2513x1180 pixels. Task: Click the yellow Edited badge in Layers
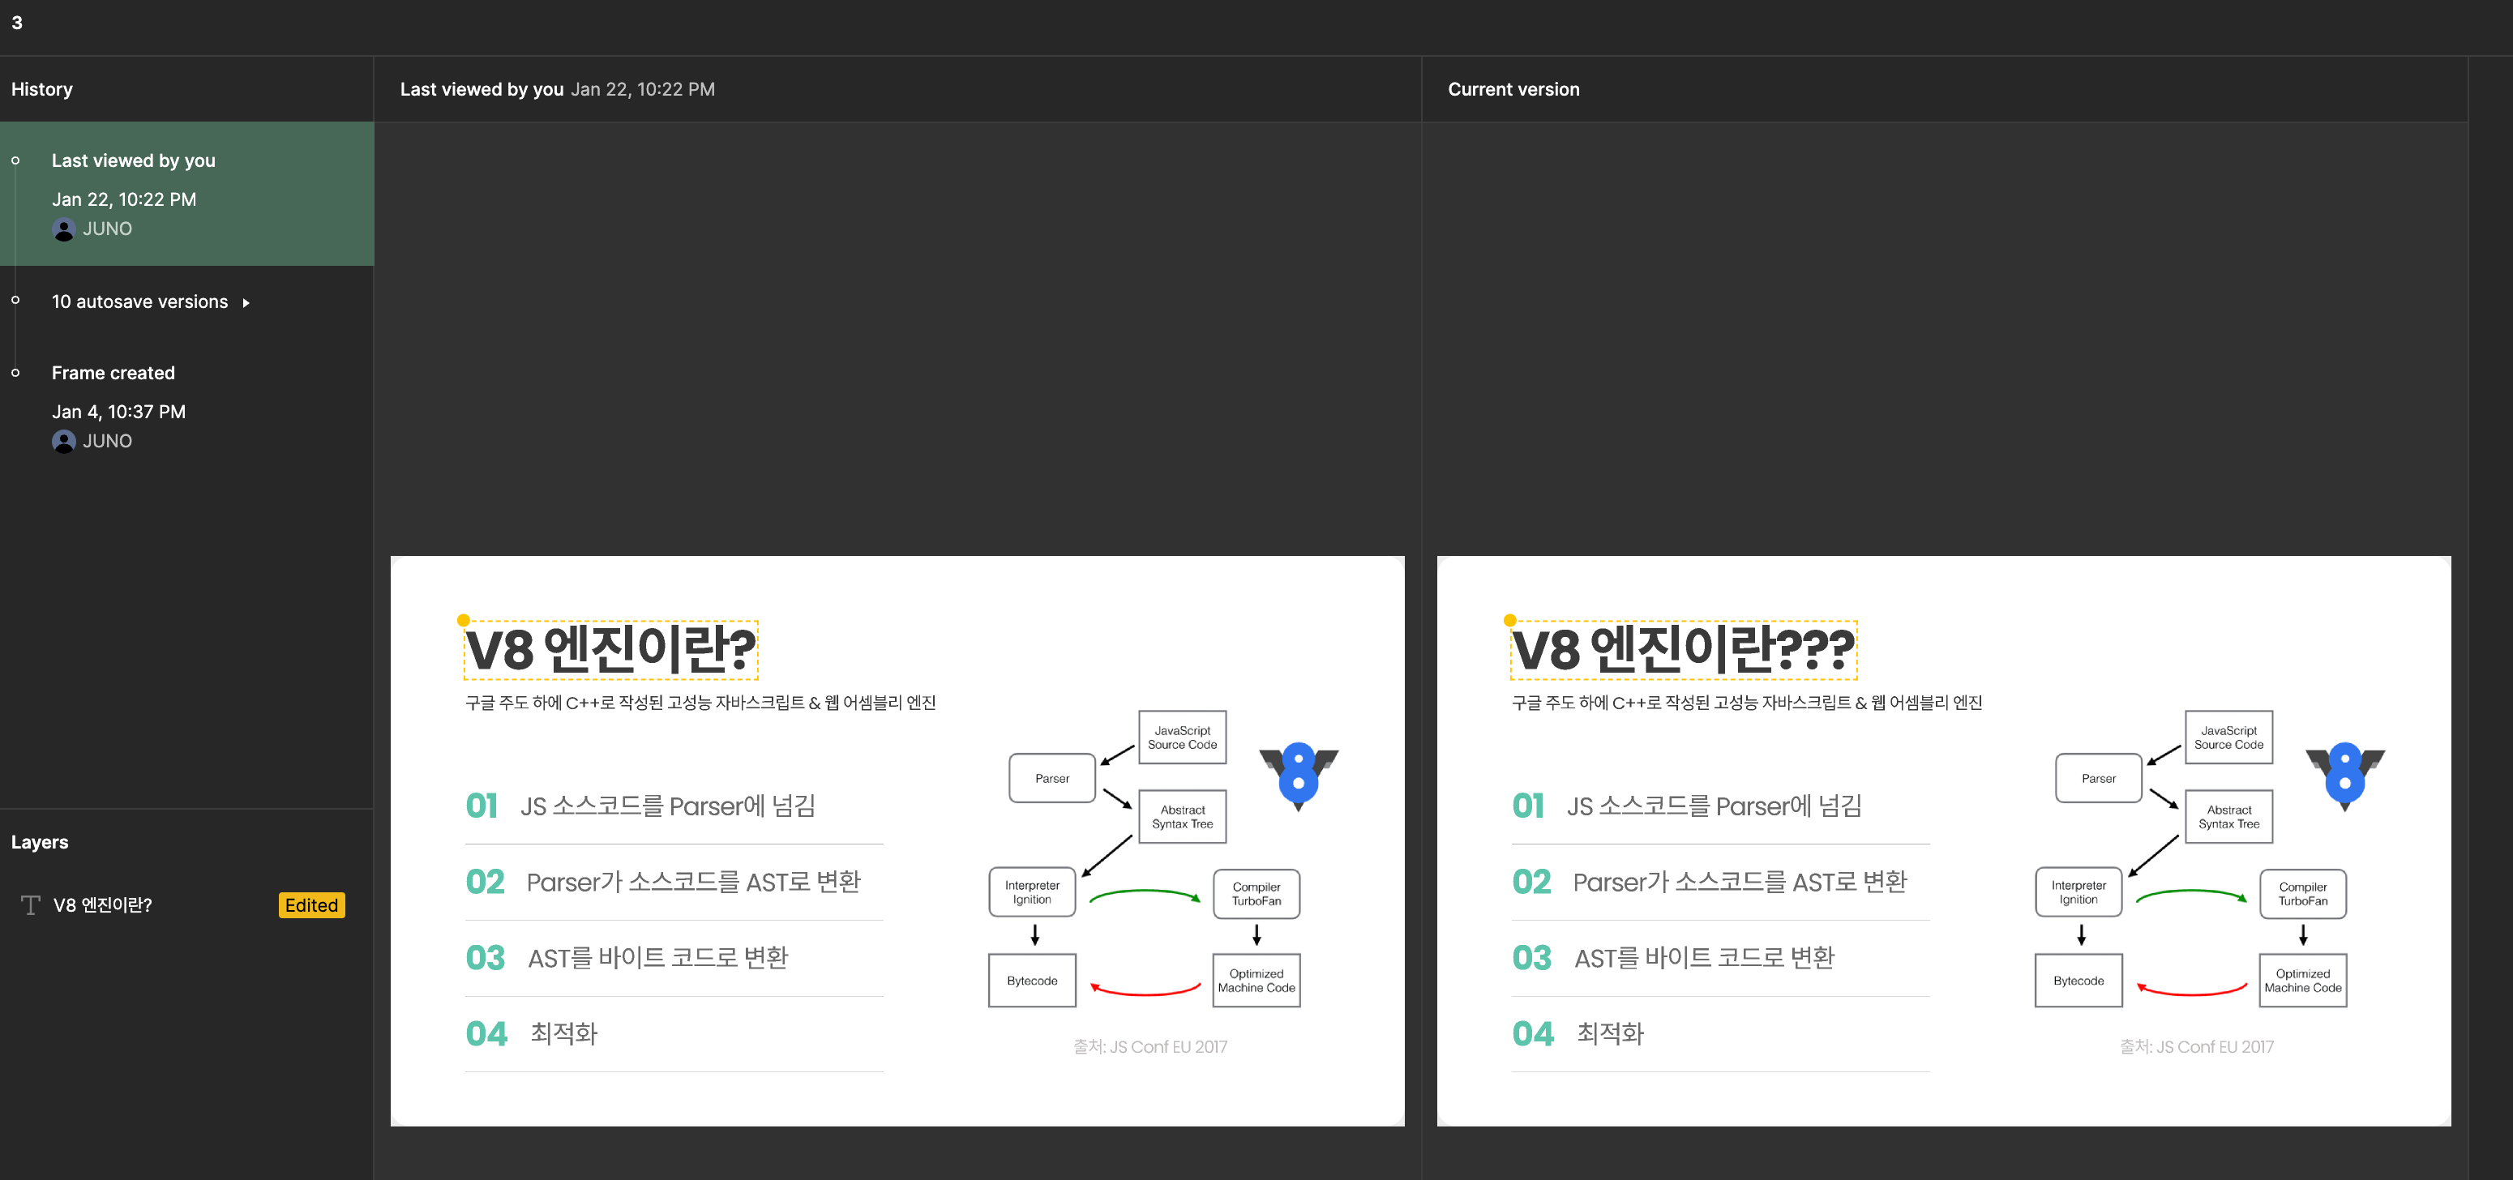click(x=311, y=905)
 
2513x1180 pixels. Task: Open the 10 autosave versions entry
click(x=139, y=302)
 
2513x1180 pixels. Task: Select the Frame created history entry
click(x=113, y=374)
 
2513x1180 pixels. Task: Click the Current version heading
click(x=1513, y=90)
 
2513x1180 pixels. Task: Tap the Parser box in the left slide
click(x=1051, y=778)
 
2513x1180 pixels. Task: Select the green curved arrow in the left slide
click(x=1143, y=892)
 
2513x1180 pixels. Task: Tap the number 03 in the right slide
click(x=1531, y=958)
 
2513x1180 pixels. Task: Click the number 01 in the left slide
click(x=482, y=806)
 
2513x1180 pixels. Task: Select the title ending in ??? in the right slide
click(x=1683, y=649)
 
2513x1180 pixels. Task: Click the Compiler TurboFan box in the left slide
click(x=1256, y=894)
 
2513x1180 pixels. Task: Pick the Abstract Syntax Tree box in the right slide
click(x=2229, y=817)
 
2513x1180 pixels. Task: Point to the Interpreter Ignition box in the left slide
click(x=1032, y=892)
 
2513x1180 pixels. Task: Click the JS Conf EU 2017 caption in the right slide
click(x=2196, y=1047)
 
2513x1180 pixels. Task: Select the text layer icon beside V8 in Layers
click(x=30, y=905)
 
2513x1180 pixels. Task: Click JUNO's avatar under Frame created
click(x=64, y=442)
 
